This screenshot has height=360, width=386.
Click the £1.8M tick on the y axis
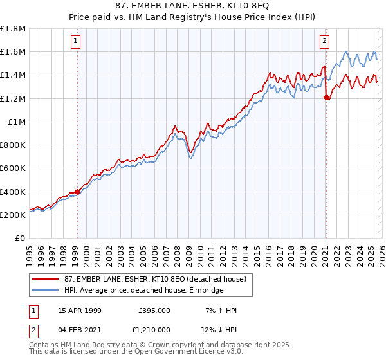click(x=13, y=29)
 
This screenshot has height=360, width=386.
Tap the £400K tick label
click(x=13, y=192)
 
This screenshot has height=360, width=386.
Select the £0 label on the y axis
click(x=21, y=239)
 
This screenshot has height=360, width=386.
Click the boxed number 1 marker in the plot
click(x=76, y=41)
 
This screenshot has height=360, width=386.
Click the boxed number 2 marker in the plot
click(x=324, y=41)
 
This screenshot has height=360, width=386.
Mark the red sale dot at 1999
click(x=77, y=192)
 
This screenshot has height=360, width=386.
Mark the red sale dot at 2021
click(x=326, y=97)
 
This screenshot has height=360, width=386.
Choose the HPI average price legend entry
click(x=143, y=290)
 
